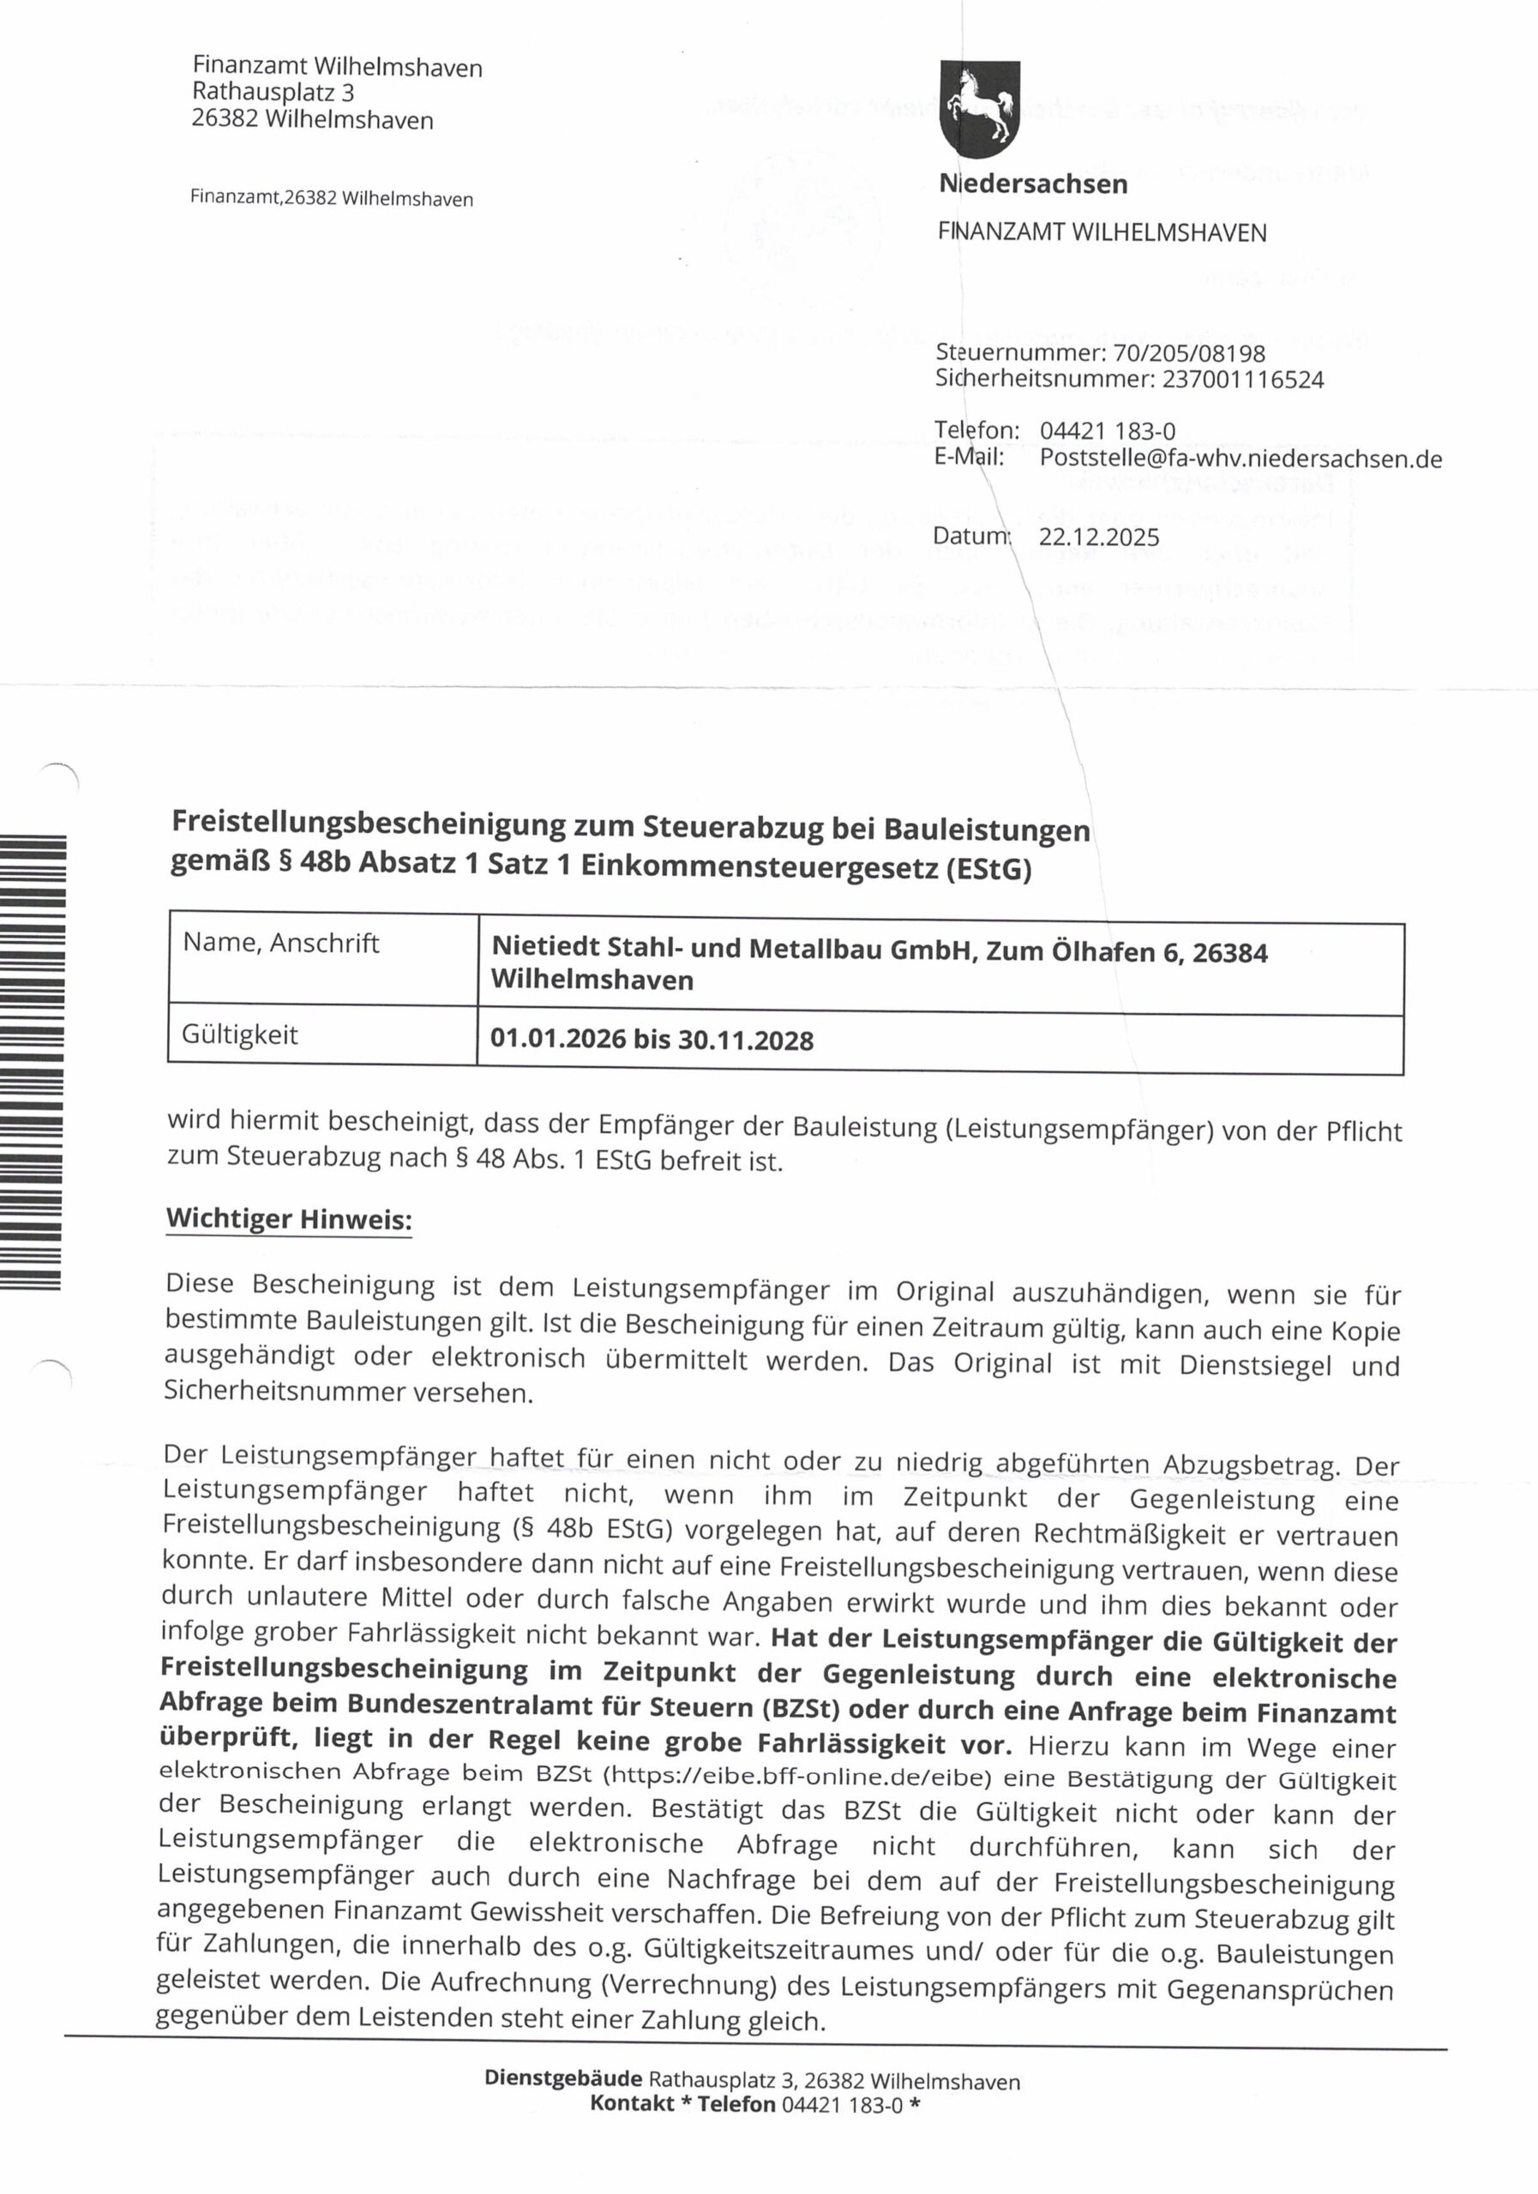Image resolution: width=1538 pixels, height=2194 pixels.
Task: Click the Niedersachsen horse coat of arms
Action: (980, 108)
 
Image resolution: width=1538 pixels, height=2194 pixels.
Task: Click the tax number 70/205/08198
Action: (1189, 354)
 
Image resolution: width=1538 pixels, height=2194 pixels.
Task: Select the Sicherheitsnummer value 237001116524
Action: (1242, 381)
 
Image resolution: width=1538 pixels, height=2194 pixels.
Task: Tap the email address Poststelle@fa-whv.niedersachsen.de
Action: (1240, 459)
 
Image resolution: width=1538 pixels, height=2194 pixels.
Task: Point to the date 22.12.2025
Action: (1098, 537)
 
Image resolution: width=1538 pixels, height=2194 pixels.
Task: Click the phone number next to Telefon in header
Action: (1107, 432)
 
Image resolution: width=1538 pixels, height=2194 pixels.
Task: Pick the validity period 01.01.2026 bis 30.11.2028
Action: (651, 1040)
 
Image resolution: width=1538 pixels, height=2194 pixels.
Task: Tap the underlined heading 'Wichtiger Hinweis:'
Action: (289, 1220)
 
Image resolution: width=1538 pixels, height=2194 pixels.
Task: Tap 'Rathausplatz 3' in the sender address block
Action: (273, 93)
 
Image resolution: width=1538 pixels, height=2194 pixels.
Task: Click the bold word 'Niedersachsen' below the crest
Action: (1033, 184)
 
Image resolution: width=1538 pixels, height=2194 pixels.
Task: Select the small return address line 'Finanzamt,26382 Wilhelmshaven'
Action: (332, 199)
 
